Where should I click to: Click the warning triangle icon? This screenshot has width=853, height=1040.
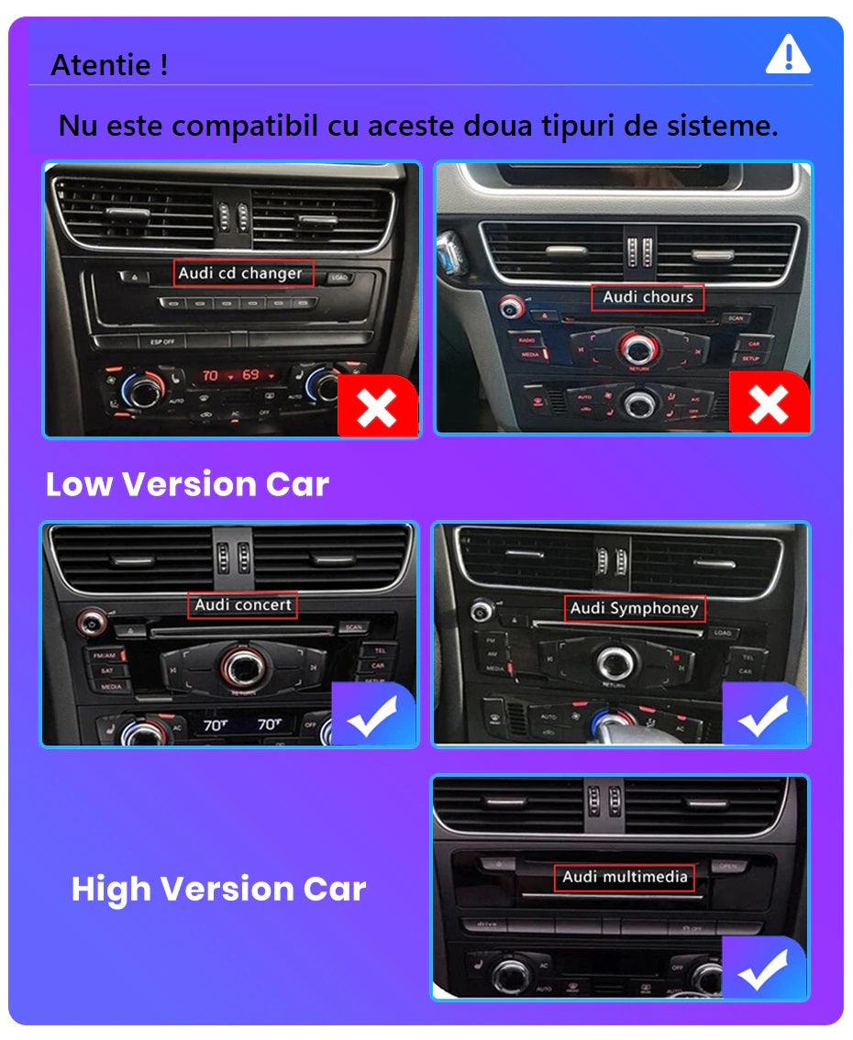coord(787,55)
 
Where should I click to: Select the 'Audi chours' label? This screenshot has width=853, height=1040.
coord(648,297)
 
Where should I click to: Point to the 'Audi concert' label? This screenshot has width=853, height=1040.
coord(243,605)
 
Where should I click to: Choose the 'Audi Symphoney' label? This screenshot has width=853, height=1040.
coord(634,608)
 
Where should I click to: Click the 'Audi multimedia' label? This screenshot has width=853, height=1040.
coord(625,877)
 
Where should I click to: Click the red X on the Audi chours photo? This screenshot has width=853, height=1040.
coord(769,404)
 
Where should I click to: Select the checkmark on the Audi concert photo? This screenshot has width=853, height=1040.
coord(371,715)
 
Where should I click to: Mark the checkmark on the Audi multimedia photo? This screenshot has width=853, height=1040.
coord(763,968)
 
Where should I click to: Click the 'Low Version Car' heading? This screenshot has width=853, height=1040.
coord(187,484)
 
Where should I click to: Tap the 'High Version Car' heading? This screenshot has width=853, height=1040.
coord(218,889)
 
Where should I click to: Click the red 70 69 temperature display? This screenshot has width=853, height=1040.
coord(230,376)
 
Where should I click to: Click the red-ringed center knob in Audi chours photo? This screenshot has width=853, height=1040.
coord(635,348)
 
